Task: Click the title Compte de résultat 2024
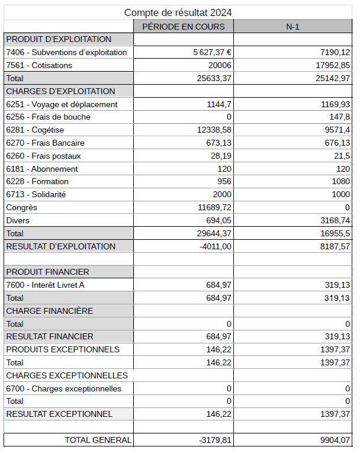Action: pos(178,12)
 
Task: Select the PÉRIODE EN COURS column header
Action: pos(184,27)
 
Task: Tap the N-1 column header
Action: pos(293,27)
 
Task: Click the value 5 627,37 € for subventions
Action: pos(212,52)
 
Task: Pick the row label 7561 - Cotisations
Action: pos(39,65)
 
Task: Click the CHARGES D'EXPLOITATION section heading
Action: pos(60,91)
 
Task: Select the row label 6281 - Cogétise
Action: pos(35,130)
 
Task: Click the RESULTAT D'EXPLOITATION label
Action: pos(61,246)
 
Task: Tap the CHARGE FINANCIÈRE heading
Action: pos(50,311)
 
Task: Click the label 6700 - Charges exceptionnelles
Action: pos(63,388)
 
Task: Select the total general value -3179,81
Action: pos(216,440)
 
